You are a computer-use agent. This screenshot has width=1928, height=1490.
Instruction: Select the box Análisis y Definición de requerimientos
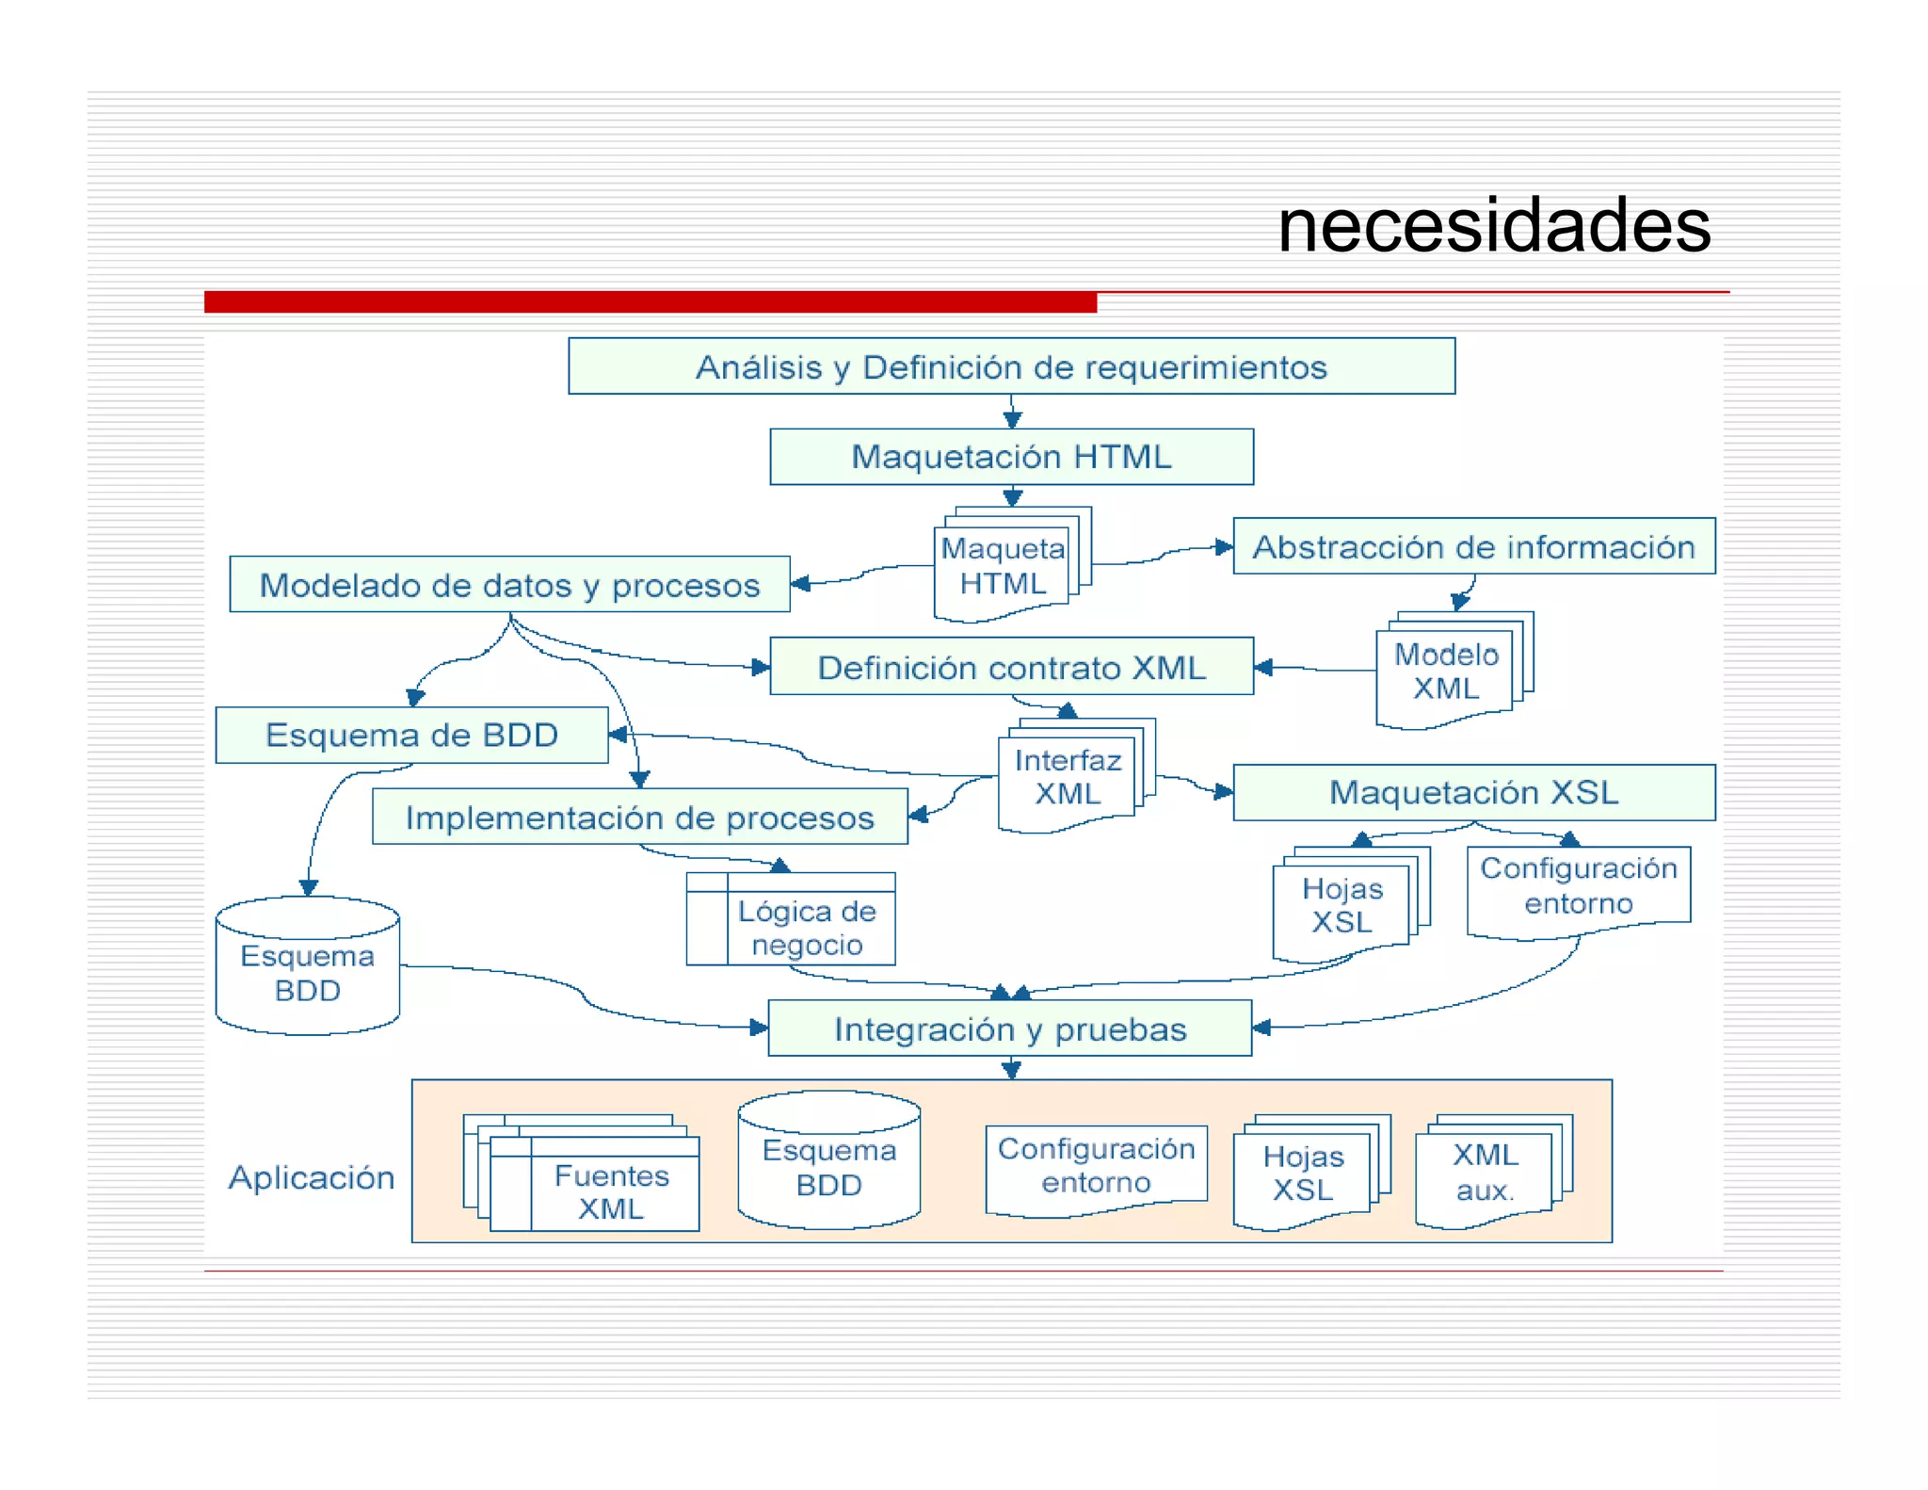point(1011,366)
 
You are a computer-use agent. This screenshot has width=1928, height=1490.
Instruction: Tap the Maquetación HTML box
point(1011,457)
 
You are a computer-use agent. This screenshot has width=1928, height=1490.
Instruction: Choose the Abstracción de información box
point(1473,546)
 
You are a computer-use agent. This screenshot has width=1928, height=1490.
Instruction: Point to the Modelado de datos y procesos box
point(509,585)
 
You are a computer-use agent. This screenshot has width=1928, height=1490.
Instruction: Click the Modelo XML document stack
point(1446,672)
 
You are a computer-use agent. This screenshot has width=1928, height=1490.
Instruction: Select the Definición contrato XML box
point(1011,667)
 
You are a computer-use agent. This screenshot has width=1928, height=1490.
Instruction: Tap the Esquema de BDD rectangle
point(411,735)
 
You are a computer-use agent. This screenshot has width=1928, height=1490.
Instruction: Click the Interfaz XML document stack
point(1068,778)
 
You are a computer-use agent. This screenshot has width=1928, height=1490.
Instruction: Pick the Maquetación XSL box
point(1473,792)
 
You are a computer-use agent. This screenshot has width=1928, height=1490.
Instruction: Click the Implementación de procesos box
point(639,818)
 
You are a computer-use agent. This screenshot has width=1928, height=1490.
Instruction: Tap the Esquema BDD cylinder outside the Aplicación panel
point(308,970)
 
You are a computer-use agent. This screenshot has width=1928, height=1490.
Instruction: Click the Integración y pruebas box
point(1009,1028)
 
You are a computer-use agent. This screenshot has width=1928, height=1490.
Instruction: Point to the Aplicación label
point(312,1177)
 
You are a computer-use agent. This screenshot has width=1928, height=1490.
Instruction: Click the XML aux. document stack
point(1485,1173)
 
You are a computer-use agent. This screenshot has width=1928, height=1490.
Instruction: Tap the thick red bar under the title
point(650,302)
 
